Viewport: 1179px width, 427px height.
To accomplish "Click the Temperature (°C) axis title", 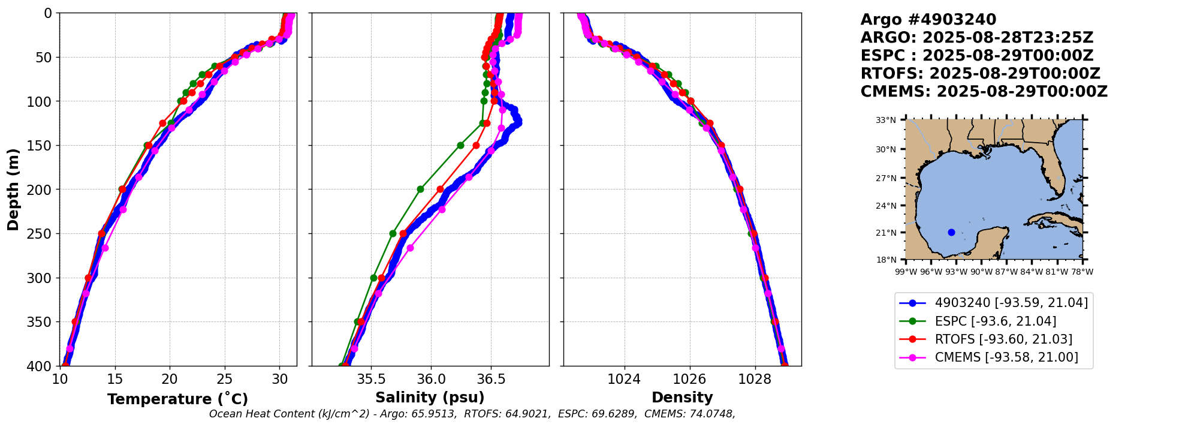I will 177,399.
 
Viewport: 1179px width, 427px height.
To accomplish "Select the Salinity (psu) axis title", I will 430,398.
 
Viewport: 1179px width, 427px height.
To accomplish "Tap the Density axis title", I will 682,398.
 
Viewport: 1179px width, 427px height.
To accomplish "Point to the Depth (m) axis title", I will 13,190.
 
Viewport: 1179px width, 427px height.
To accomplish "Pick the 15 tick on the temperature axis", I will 114,379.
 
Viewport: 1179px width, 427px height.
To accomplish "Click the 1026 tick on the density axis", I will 689,379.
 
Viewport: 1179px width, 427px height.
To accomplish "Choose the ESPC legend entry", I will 995,321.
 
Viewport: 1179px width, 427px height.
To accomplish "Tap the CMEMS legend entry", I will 1006,357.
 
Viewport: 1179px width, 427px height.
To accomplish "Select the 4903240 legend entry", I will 1011,303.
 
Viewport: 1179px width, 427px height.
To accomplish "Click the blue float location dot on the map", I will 951,232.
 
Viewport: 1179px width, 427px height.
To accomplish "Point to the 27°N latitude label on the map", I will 886,178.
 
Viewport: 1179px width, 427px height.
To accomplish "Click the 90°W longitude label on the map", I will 981,272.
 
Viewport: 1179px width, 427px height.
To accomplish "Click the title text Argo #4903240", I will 928,20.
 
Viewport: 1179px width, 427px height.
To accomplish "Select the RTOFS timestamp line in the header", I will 980,74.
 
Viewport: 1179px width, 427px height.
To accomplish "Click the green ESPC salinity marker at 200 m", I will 420,189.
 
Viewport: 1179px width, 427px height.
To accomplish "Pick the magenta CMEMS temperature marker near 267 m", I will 105,248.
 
